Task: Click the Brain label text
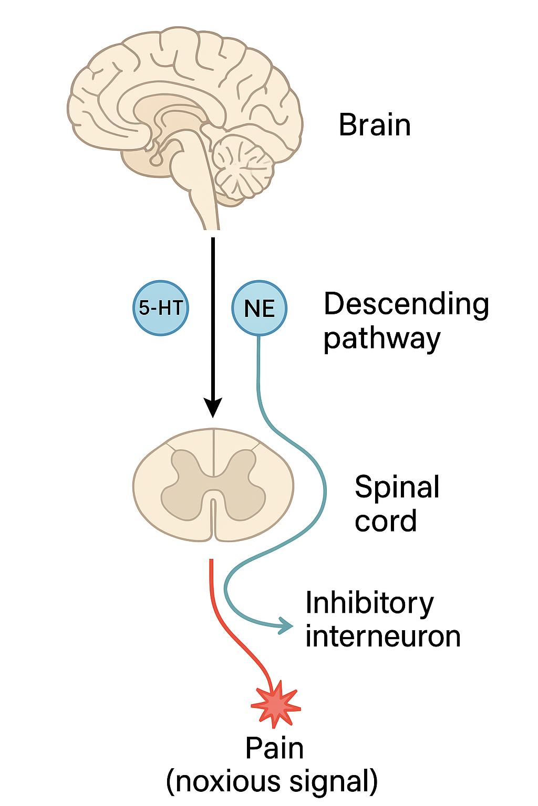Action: coord(375,125)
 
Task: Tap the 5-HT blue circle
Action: coord(161,308)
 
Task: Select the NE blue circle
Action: coord(259,308)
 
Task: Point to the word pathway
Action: coord(381,339)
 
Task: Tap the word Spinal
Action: coord(397,487)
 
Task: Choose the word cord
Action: coord(386,521)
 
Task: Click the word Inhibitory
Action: coord(369,603)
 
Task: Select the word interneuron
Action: coord(383,637)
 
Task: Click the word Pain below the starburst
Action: coord(274,748)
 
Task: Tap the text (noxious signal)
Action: coord(272,781)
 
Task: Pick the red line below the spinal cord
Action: coord(226,624)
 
